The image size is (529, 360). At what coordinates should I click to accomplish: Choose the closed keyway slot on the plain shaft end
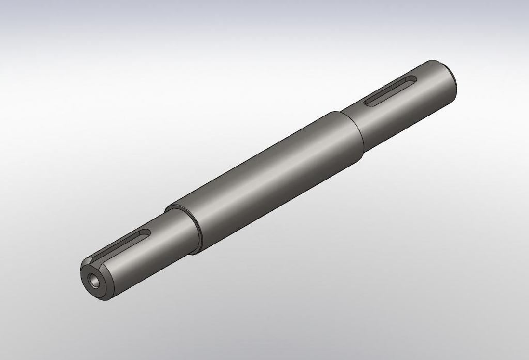(391, 91)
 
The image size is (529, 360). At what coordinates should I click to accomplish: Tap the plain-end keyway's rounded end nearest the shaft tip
(411, 80)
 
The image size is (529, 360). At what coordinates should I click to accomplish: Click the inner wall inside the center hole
(92, 279)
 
